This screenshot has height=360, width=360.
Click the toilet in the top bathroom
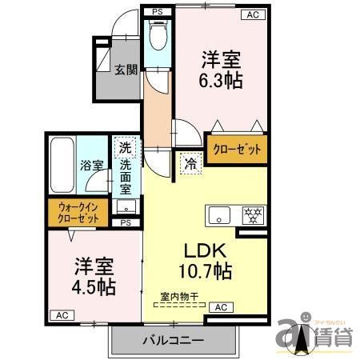pos(157,36)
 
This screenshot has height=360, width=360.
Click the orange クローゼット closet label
pos(236,150)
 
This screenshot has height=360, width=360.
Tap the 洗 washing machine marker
pos(125,147)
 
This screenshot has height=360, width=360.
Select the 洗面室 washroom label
pos(126,178)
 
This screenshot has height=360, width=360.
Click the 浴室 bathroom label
pos(91,166)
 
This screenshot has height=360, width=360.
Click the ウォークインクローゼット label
pos(78,214)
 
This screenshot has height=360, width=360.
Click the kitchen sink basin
pos(220,215)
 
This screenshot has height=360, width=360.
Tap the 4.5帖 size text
pos(95,287)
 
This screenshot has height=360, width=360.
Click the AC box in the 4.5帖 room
pos(60,315)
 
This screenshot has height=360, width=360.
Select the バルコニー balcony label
pos(173,339)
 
